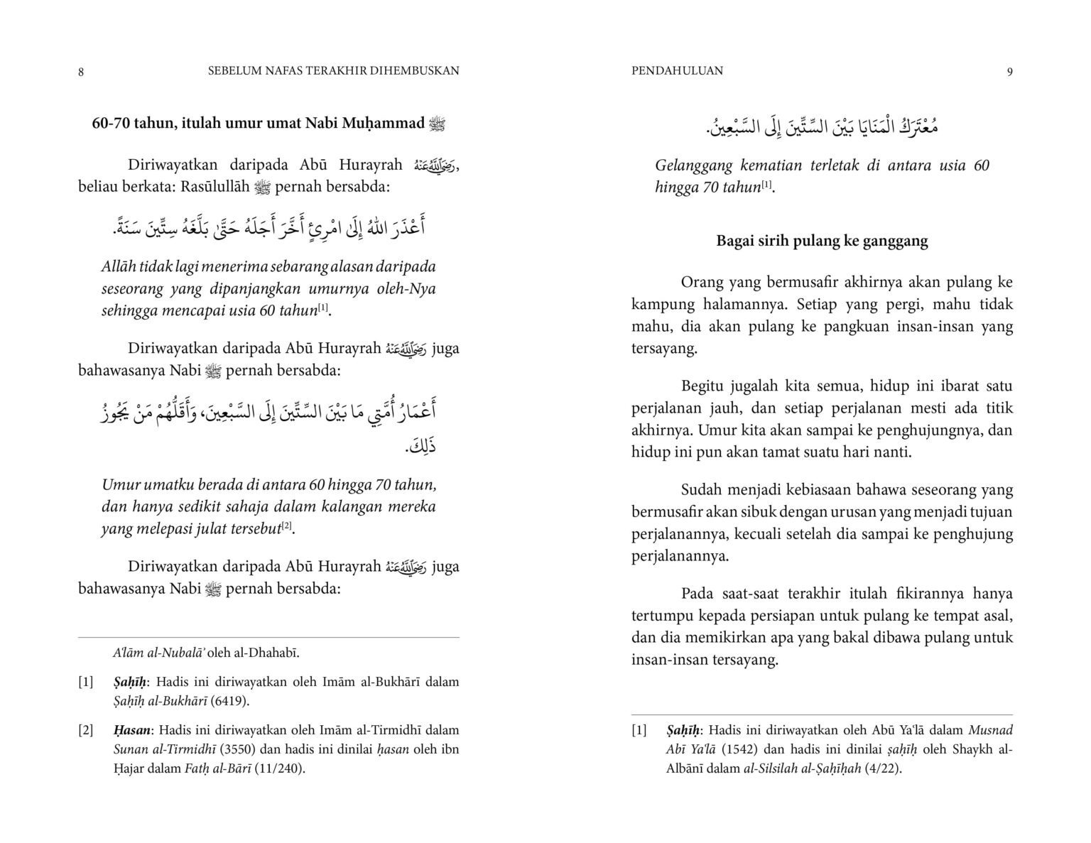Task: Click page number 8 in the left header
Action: pos(81,72)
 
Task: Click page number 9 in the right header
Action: pos(1009,72)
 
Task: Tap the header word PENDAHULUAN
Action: pos(677,70)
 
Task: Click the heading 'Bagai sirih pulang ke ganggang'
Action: pos(822,241)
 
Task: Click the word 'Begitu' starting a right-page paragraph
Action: pos(702,386)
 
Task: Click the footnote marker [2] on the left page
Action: pos(86,729)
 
